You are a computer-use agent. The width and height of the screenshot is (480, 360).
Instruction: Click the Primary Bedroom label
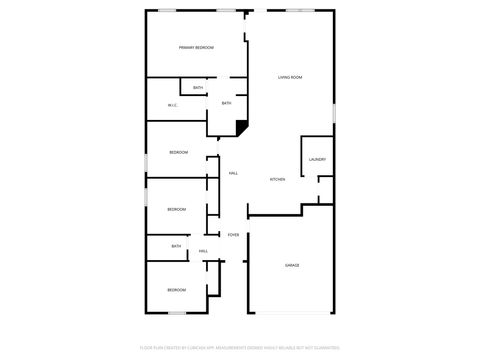(197, 48)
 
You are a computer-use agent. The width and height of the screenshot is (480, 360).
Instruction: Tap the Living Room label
(290, 77)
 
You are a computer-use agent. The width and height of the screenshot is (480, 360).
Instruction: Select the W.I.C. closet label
(172, 106)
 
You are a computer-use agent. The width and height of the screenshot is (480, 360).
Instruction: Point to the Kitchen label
(278, 179)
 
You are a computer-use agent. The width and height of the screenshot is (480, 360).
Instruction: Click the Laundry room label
(317, 159)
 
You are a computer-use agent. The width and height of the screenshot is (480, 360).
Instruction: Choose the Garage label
(292, 265)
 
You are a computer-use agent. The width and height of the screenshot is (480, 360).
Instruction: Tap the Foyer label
(233, 235)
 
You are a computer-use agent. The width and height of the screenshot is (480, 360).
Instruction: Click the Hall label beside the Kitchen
(233, 173)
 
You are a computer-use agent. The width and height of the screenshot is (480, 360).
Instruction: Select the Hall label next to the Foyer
(203, 251)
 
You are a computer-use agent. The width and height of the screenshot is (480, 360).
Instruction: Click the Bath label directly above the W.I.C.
(198, 88)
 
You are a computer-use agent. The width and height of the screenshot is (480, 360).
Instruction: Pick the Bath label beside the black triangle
(226, 103)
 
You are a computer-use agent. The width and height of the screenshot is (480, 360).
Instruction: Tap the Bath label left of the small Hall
(176, 246)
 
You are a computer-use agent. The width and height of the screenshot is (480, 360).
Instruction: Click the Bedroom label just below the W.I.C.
(178, 151)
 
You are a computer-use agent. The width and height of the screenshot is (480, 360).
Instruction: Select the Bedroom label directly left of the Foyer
(176, 209)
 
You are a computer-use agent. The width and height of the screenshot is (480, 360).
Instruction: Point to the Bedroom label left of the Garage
(176, 289)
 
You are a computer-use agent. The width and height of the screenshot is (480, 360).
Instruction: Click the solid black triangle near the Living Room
(241, 126)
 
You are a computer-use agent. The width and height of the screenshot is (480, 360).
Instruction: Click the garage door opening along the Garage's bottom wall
(292, 313)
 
